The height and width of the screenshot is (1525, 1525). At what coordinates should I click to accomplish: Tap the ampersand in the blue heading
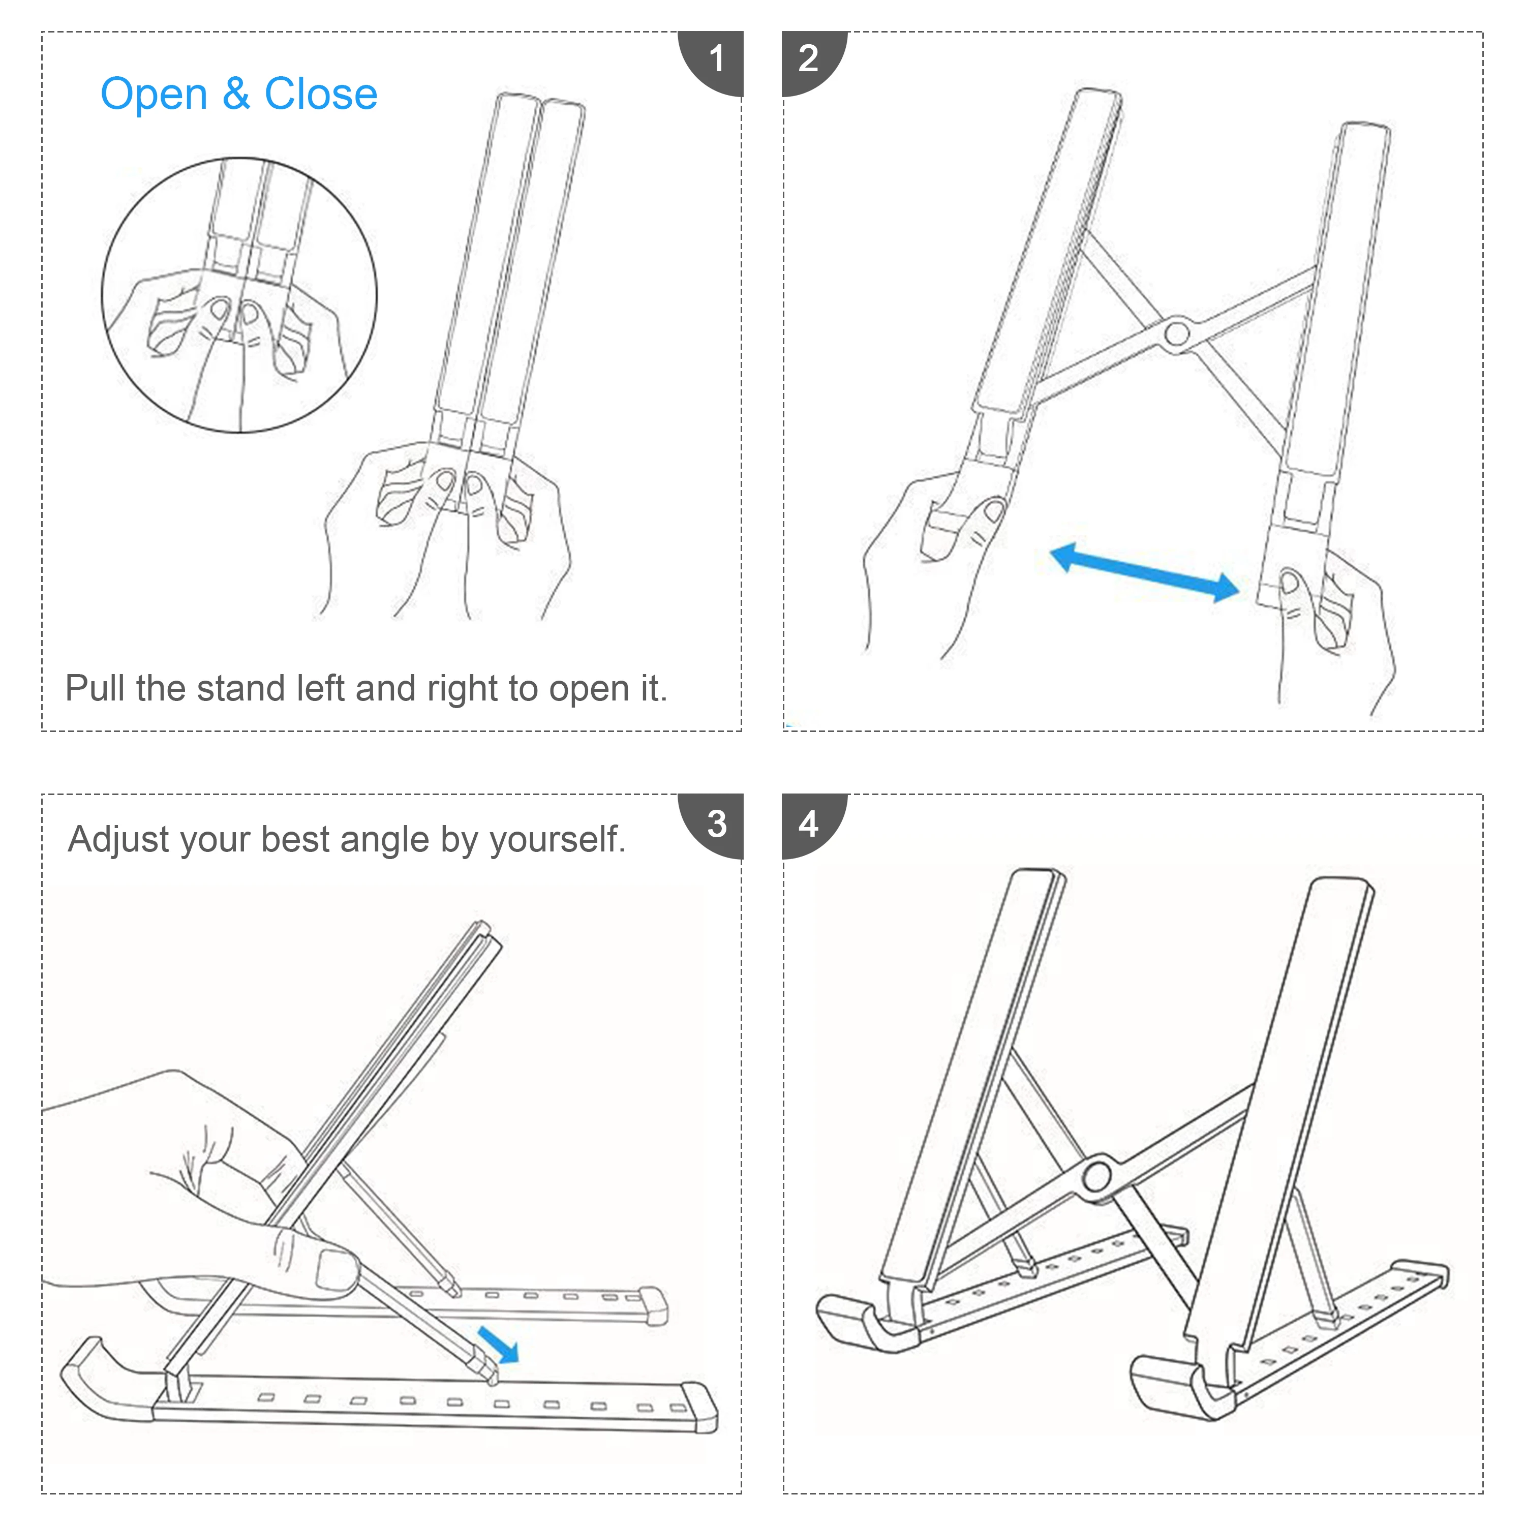pyautogui.click(x=236, y=94)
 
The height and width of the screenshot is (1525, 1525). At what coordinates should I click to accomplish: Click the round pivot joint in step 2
pyautogui.click(x=1176, y=334)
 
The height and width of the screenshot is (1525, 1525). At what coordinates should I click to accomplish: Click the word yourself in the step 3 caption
pyautogui.click(x=558, y=840)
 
